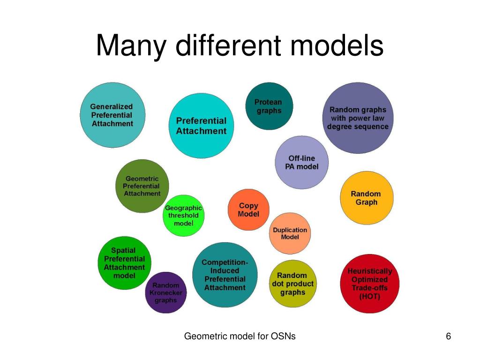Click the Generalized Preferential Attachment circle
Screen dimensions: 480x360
112,115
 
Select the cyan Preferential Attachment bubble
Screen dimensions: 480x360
201,126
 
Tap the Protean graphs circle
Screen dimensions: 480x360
269,106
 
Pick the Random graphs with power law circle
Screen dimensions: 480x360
358,118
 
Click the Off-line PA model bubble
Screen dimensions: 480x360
301,162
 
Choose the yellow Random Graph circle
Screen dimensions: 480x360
366,198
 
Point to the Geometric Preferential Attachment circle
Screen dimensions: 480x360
142,186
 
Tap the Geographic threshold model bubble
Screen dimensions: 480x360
183,216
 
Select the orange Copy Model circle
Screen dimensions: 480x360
248,210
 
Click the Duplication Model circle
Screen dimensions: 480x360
290,233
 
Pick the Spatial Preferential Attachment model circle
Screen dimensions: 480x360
124,263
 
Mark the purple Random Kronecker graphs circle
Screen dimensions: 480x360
165,292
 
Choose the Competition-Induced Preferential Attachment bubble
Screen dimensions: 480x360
225,275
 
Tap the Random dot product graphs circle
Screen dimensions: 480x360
293,284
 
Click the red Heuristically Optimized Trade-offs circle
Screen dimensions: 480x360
369,284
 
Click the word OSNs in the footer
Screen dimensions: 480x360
284,336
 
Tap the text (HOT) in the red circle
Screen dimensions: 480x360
369,297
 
